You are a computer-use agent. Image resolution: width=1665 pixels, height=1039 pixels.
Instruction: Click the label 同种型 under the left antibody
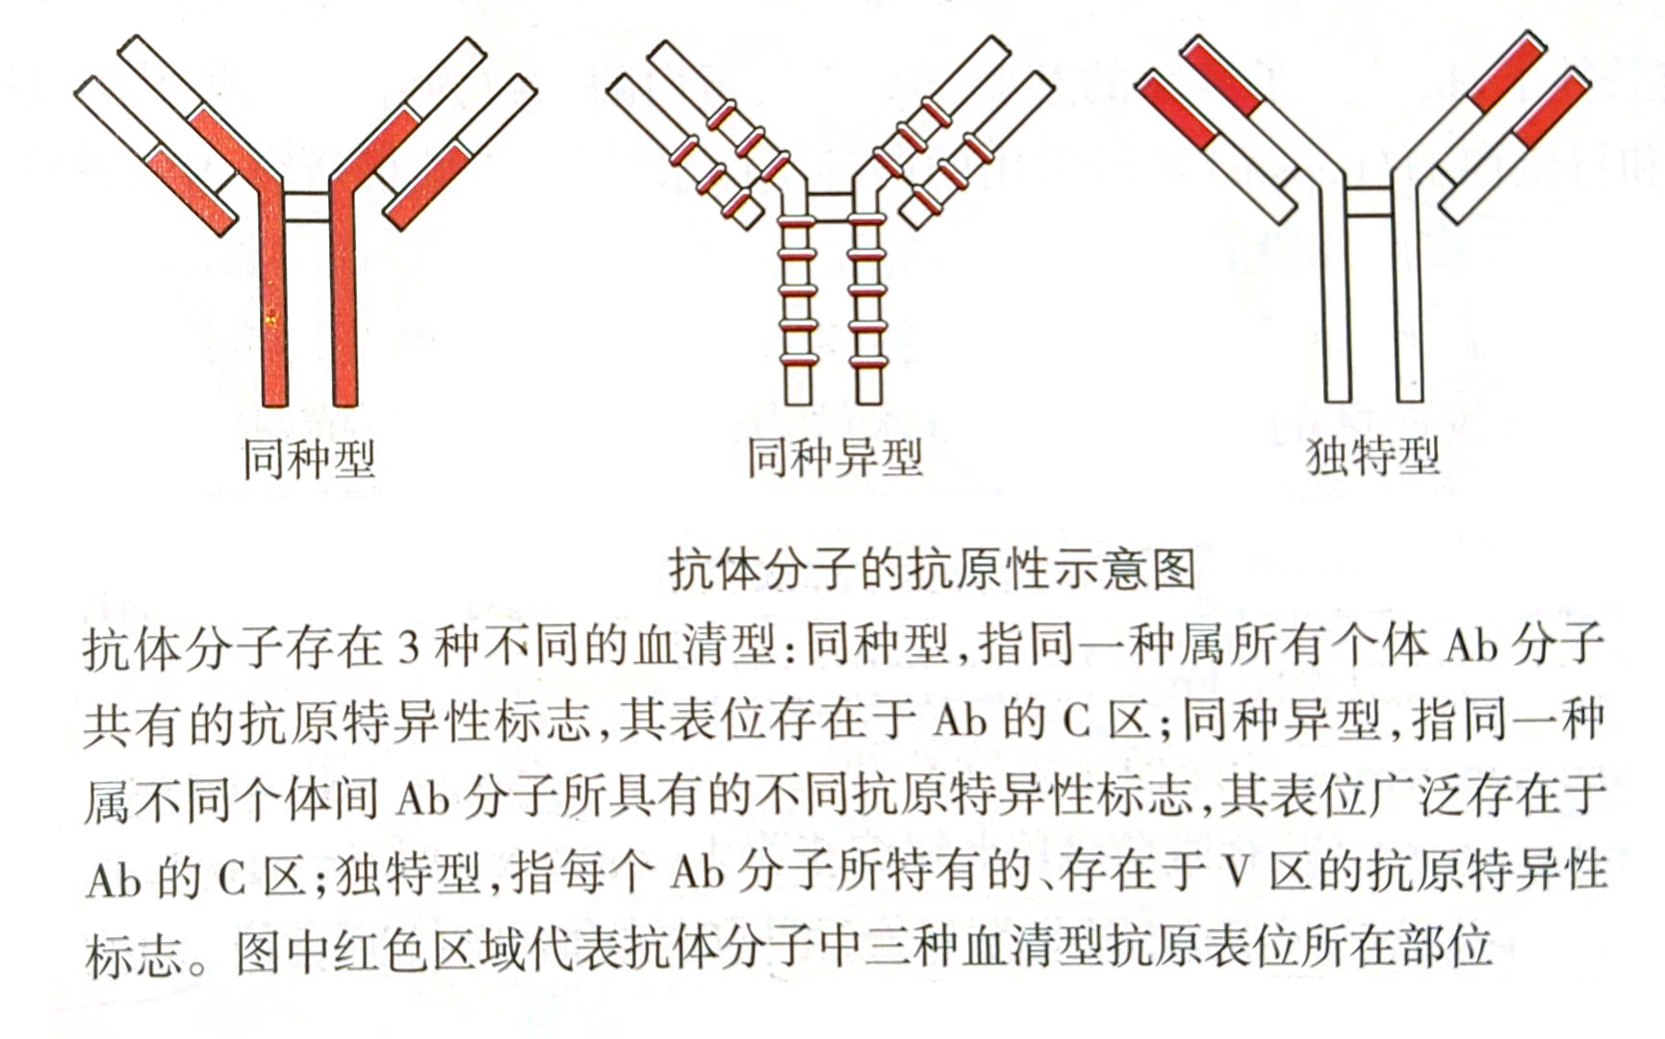[308, 459]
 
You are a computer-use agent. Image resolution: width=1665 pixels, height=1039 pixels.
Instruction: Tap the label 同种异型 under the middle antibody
[835, 457]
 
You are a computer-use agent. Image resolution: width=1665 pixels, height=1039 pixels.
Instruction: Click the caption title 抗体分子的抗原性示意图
[933, 569]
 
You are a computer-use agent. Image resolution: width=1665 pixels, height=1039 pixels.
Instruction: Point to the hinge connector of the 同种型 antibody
[308, 205]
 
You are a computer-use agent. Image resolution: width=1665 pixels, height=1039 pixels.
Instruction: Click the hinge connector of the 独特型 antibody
[1369, 202]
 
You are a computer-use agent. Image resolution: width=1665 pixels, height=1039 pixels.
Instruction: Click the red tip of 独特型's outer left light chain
[1176, 113]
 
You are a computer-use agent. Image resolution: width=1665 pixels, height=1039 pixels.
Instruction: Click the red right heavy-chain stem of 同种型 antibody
[345, 289]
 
